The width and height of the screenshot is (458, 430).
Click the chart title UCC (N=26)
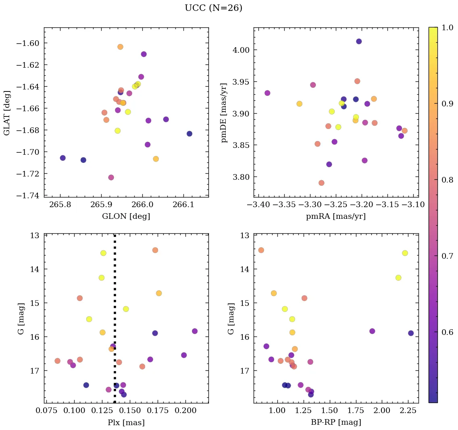point(213,8)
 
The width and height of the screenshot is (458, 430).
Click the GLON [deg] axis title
point(126,216)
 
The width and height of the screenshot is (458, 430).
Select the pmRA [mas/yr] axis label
point(335,216)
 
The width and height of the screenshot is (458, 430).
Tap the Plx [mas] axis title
point(126,422)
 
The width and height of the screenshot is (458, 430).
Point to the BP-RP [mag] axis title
point(335,422)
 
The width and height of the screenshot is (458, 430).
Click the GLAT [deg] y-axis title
point(6,112)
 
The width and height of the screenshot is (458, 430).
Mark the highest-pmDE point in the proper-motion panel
point(359,42)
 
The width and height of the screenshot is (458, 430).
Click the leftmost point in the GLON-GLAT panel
point(62,158)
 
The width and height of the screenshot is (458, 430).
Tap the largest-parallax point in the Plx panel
point(195,331)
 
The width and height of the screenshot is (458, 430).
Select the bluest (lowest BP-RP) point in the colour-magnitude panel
point(261,250)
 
